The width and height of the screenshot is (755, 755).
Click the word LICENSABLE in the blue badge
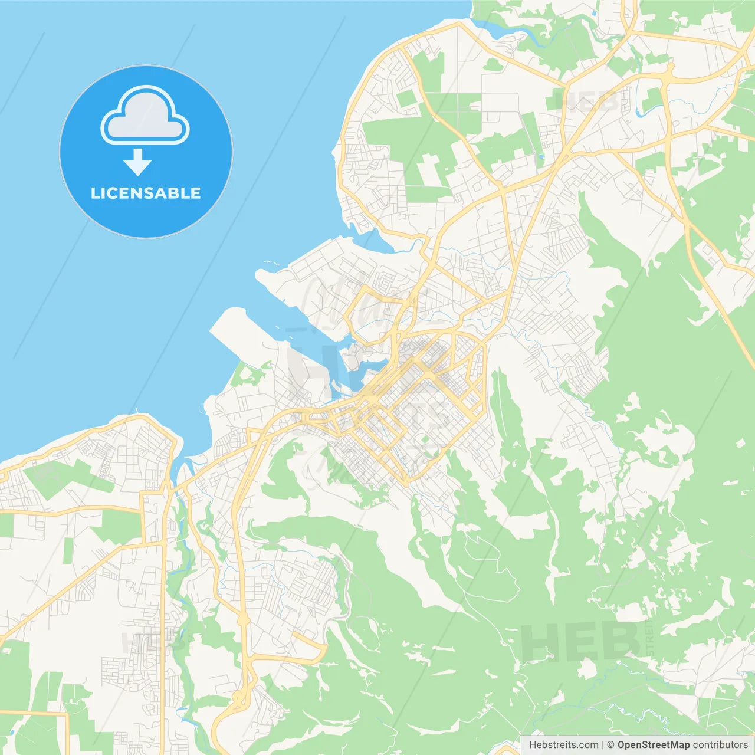point(146,193)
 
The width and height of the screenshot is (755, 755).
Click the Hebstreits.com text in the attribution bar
point(563,745)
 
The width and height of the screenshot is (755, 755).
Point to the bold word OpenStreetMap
point(653,745)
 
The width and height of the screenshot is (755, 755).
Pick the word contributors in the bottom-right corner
point(720,745)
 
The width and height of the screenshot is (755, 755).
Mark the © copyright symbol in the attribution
point(610,745)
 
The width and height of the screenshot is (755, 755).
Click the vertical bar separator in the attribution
point(603,745)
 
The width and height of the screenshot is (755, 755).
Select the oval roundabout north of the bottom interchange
point(242,619)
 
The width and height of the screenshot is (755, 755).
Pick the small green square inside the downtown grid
point(425,439)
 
